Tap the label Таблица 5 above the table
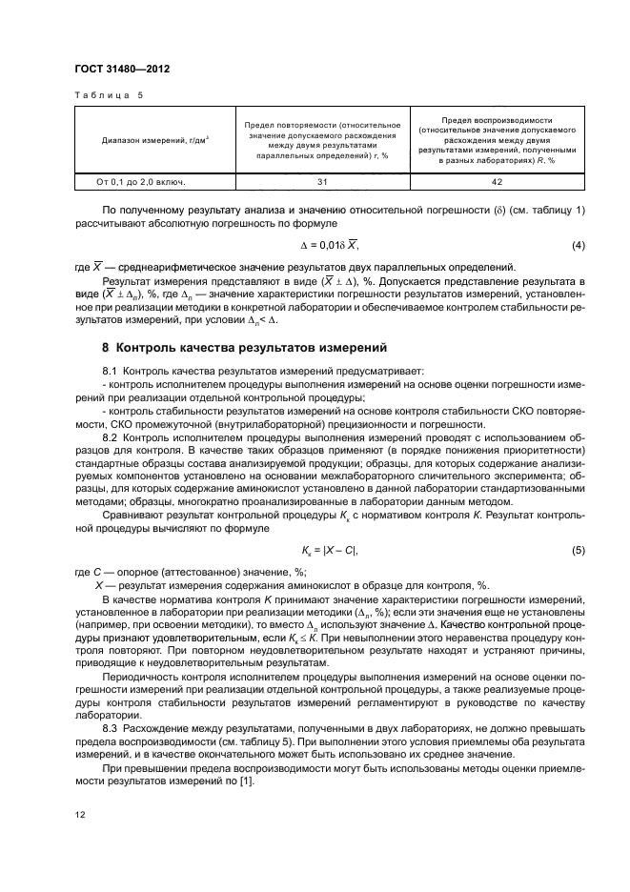pyautogui.click(x=107, y=96)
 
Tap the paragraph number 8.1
pyautogui.click(x=110, y=370)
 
